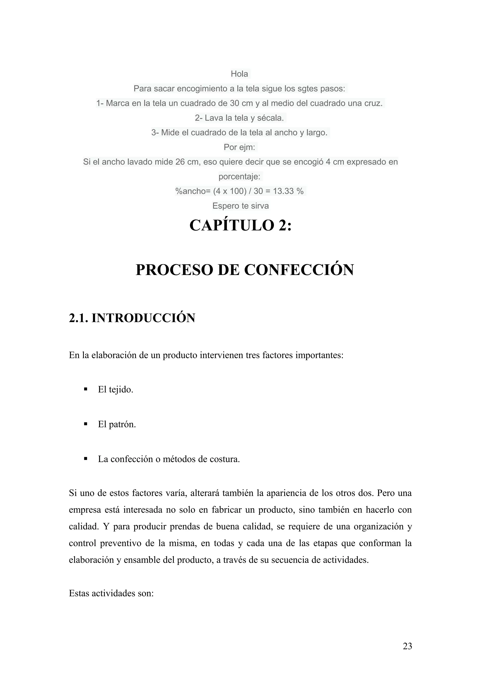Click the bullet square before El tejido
point(86,389)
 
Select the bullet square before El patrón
point(86,424)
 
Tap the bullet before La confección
point(86,459)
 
